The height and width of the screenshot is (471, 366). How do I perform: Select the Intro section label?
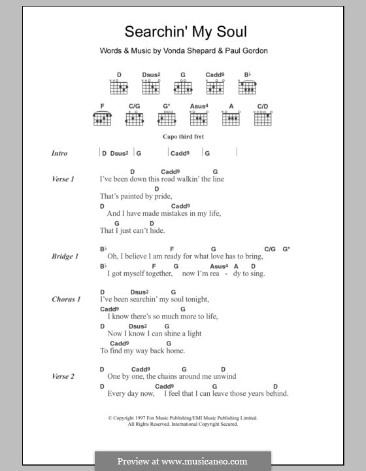point(59,153)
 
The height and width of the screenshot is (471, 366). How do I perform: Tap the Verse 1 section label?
point(63,179)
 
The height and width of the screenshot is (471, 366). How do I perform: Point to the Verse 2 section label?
point(63,376)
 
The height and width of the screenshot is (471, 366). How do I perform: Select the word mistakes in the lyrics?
point(175,213)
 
